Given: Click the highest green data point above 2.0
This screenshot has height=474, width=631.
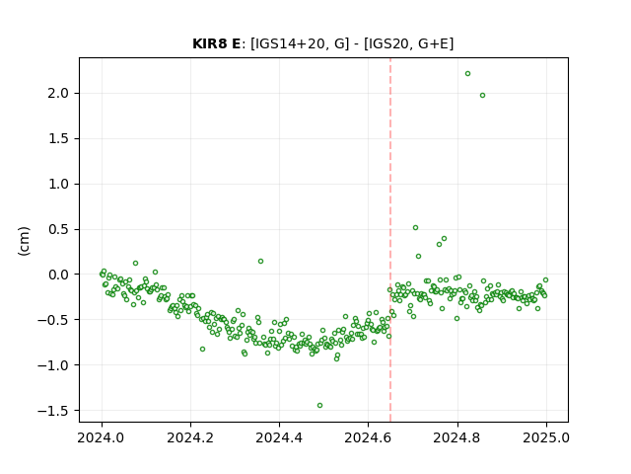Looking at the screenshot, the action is (467, 74).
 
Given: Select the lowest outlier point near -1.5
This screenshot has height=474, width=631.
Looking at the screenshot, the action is (319, 406).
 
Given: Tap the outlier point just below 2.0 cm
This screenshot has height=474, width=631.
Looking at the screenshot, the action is (482, 96).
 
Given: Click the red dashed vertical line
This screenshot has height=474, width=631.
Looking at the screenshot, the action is (390, 240).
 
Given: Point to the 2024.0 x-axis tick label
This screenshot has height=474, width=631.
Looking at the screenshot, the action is (102, 437).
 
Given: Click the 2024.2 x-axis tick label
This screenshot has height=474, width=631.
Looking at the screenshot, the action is (190, 437).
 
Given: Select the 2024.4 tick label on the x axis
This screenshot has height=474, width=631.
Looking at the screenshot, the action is (279, 437).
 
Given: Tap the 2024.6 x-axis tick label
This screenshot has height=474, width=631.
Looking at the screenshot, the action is (368, 437).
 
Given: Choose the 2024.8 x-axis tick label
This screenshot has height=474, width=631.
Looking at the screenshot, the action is (457, 437).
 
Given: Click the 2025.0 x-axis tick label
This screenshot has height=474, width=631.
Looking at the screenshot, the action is (546, 437).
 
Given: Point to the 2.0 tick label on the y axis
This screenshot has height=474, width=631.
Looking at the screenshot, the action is (58, 94).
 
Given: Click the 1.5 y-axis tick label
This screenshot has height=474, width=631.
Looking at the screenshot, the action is (58, 138).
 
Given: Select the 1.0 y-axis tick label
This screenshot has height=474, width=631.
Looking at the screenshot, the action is (58, 185).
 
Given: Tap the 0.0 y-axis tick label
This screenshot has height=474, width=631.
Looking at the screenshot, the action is (58, 275).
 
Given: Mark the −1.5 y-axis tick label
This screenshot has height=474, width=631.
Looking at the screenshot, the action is (53, 411).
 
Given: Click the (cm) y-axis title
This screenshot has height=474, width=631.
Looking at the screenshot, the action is (24, 241).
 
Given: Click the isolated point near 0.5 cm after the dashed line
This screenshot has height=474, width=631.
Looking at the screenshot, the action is (416, 228).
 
